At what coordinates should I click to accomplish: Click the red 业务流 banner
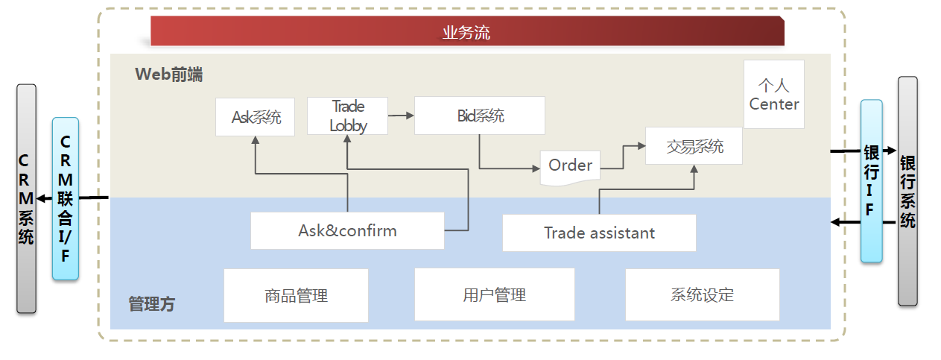pyautogui.click(x=467, y=32)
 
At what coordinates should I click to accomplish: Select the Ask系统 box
pyautogui.click(x=255, y=117)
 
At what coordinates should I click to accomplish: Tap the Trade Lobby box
pyautogui.click(x=348, y=116)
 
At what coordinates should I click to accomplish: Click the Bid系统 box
pyautogui.click(x=480, y=116)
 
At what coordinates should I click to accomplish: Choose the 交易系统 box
pyautogui.click(x=694, y=146)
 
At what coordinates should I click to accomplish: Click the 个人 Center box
pyautogui.click(x=774, y=95)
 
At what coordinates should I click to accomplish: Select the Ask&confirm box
pyautogui.click(x=347, y=230)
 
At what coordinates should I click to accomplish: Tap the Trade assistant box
pyautogui.click(x=599, y=233)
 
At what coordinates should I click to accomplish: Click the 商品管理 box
pyautogui.click(x=297, y=295)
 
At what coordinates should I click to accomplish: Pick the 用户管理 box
pyautogui.click(x=494, y=294)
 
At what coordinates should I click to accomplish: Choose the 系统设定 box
pyautogui.click(x=702, y=294)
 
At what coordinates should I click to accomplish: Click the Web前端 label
pyautogui.click(x=169, y=75)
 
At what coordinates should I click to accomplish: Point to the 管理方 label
pyautogui.click(x=152, y=304)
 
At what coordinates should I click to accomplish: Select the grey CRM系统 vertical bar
pyautogui.click(x=26, y=198)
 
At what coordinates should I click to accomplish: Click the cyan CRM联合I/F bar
pyautogui.click(x=66, y=198)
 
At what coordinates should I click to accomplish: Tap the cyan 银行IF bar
pyautogui.click(x=871, y=181)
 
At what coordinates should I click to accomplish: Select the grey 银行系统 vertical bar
pyautogui.click(x=907, y=191)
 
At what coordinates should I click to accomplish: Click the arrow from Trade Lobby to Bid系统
pyautogui.click(x=401, y=116)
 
